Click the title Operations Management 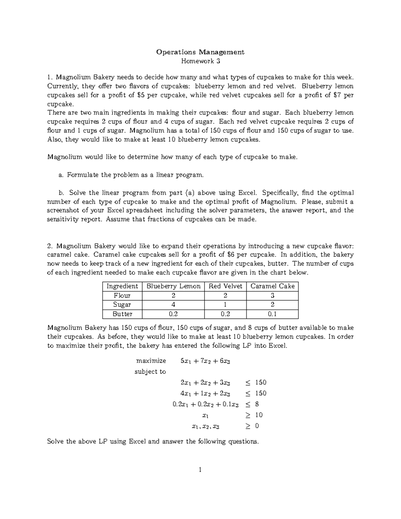pos(200,52)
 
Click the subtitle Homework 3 pos(200,61)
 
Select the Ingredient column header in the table pos(122,286)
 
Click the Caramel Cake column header pos(272,286)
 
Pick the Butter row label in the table pos(122,314)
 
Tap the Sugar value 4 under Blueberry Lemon pos(173,304)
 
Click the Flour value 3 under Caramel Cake pos(272,295)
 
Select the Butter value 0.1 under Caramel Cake pos(272,314)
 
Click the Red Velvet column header pos(225,286)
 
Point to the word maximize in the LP pos(151,361)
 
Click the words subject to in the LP pos(150,372)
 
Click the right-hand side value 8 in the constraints pos(257,404)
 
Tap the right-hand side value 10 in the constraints pos(259,415)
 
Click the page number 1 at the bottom pos(200,470)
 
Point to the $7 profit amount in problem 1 pos(338,95)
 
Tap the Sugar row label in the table pos(122,304)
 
